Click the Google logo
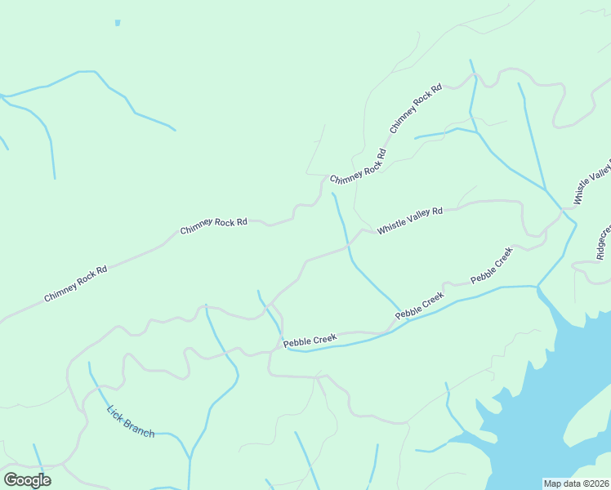27,480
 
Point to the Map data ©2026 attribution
576,483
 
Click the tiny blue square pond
118,23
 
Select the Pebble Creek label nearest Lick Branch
310,339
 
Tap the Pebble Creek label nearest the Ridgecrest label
492,265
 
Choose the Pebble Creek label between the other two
420,305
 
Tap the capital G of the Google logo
10,480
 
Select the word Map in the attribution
553,483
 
